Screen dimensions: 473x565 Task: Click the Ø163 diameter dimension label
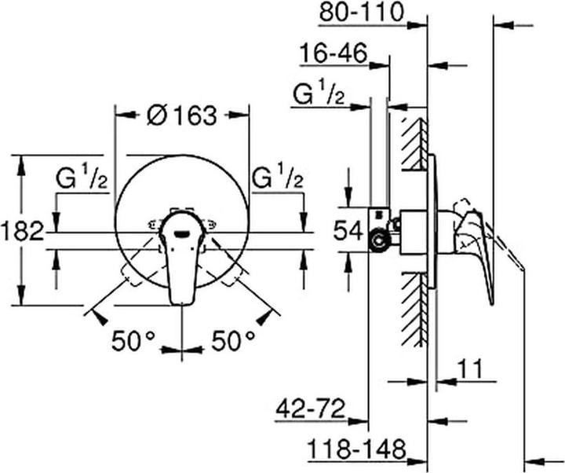(x=180, y=115)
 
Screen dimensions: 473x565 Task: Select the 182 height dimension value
(x=22, y=233)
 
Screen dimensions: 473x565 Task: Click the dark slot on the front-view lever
(x=183, y=231)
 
